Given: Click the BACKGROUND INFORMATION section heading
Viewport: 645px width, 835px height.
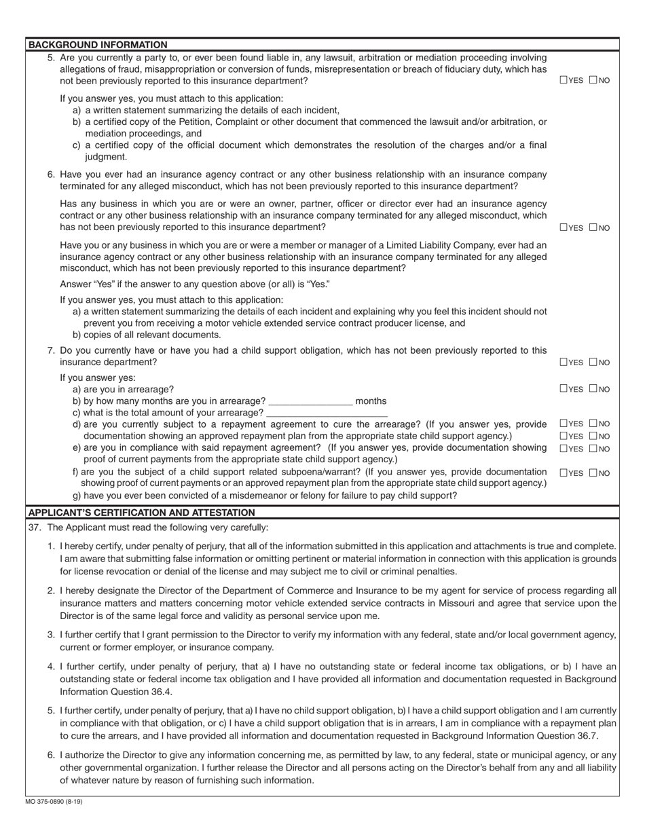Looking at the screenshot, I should [98, 45].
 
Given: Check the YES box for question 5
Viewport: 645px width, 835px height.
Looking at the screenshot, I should [564, 80].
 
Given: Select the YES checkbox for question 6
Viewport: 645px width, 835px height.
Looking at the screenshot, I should [564, 227].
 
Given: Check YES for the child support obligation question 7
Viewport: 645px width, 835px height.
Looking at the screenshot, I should [564, 363].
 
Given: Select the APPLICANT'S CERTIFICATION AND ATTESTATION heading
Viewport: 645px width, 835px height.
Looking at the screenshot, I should [141, 513].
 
